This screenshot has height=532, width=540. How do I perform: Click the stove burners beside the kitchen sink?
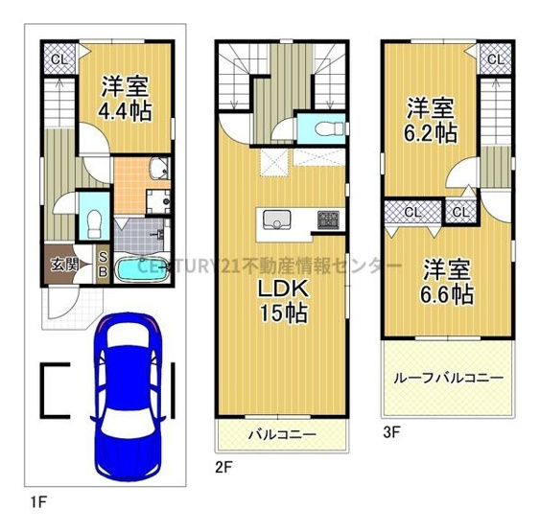point(328,220)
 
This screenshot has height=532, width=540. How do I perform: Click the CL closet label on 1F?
point(58,60)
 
